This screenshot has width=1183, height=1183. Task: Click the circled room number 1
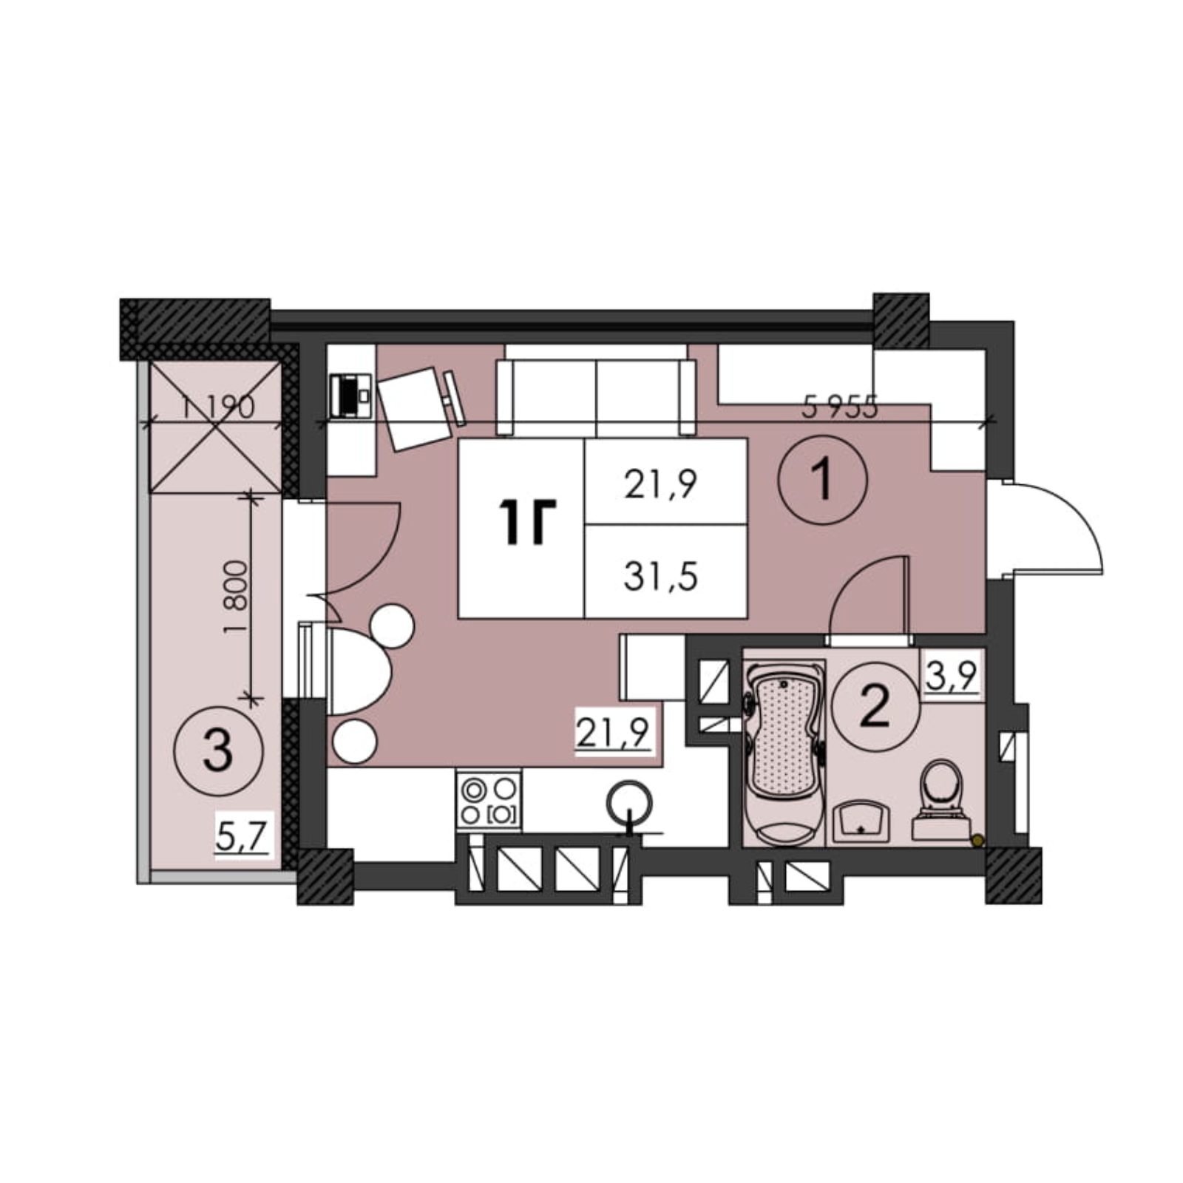pos(822,480)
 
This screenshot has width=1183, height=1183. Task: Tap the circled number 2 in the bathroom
pos(875,705)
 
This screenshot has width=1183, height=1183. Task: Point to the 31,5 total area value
pos(660,577)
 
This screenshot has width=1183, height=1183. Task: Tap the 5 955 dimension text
pos(840,407)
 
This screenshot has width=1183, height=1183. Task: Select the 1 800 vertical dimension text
pos(234,598)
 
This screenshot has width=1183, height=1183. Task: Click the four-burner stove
pos(489,801)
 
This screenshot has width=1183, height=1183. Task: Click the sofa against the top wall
pos(596,398)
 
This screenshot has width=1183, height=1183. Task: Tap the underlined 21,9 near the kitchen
pos(613,733)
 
